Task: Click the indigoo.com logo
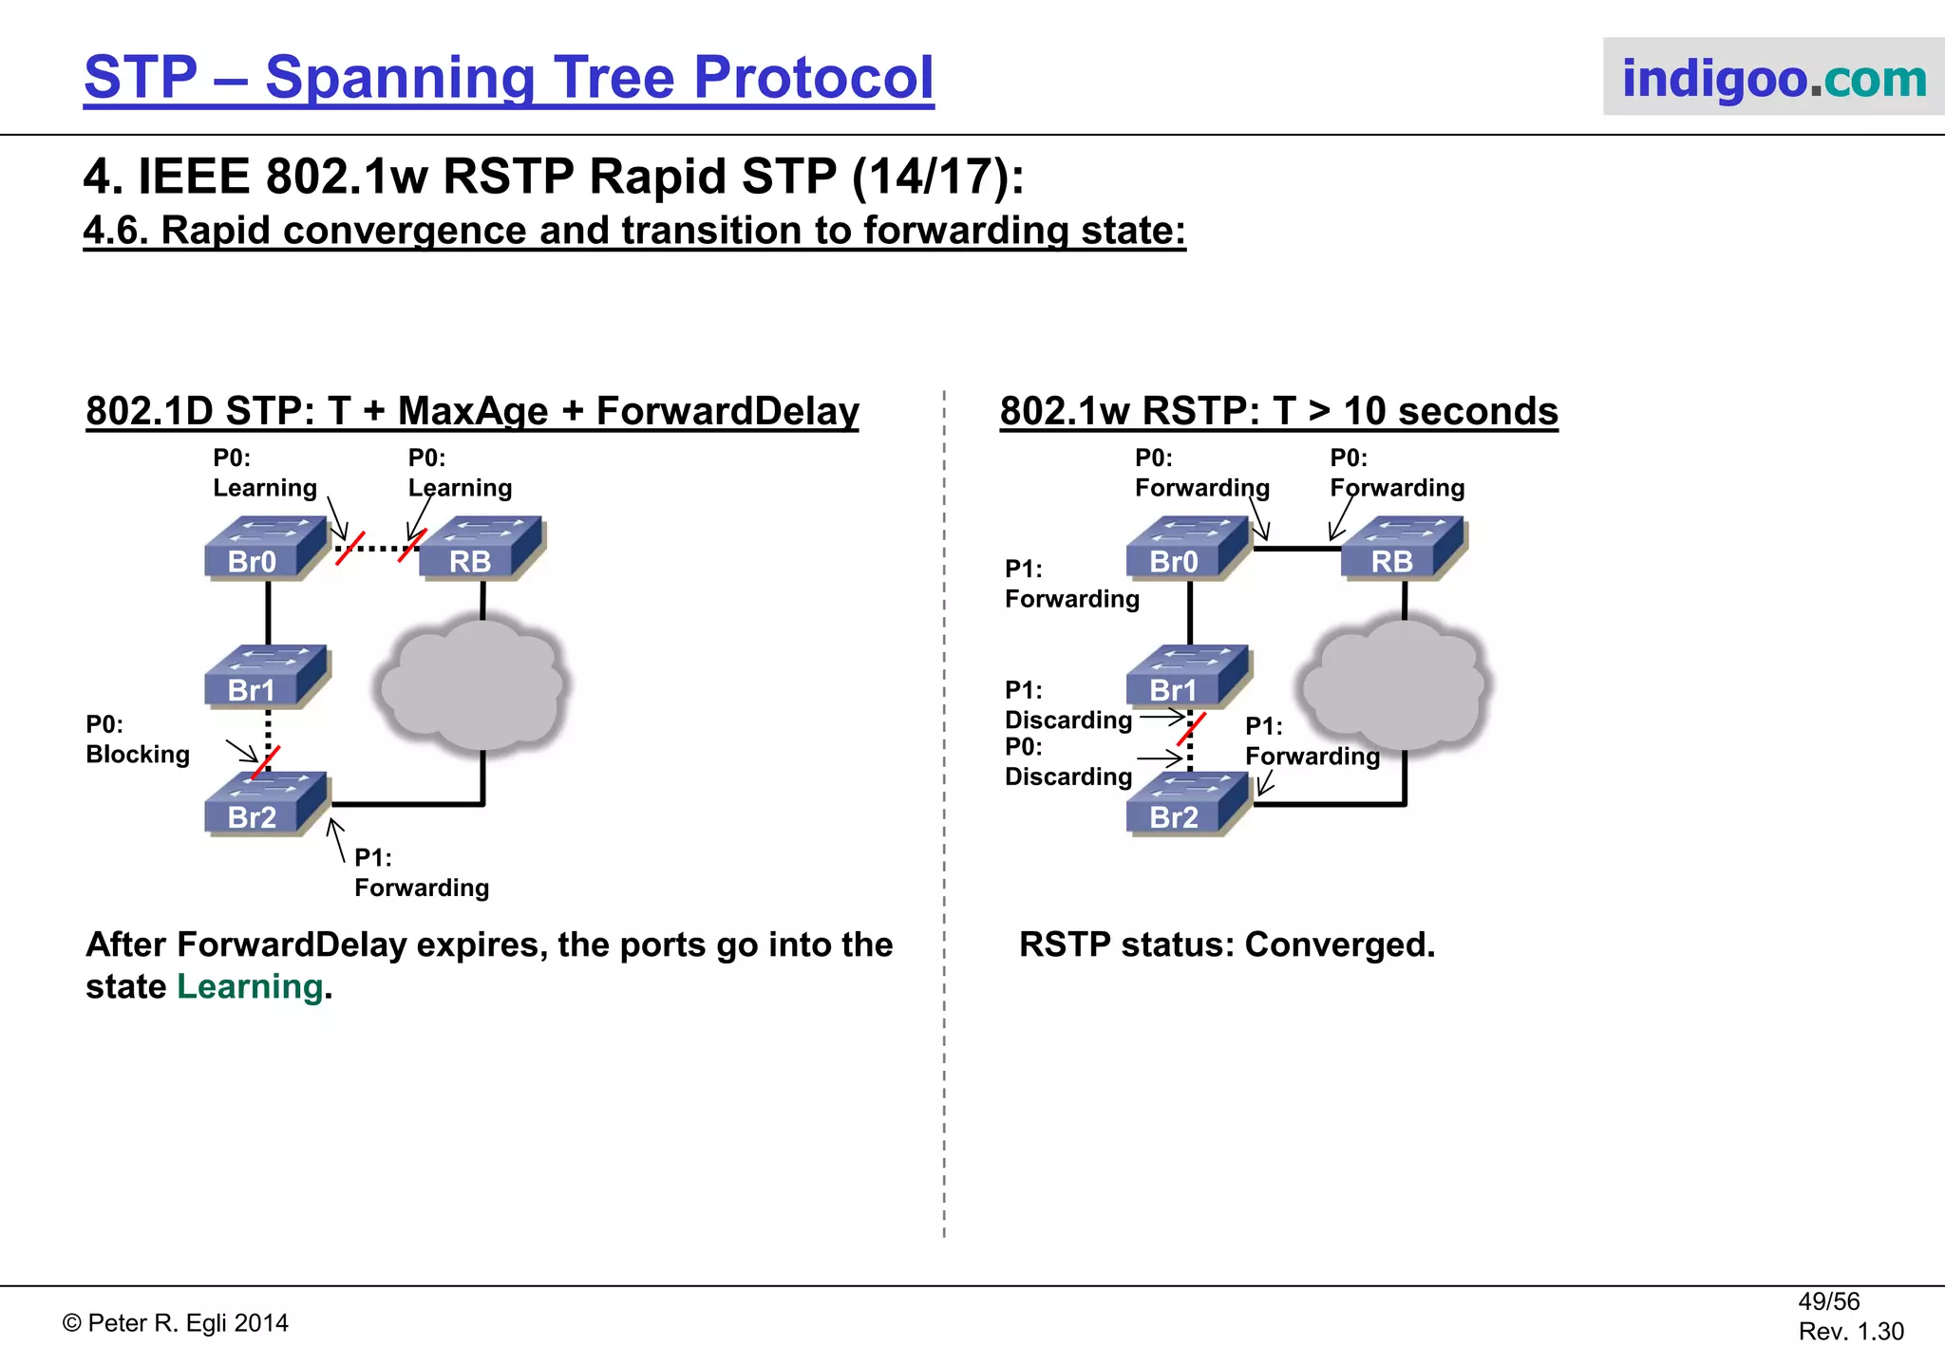[1772, 78]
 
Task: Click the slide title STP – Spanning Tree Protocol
[508, 78]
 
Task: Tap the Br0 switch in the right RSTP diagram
[1188, 549]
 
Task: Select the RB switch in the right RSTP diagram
[1404, 549]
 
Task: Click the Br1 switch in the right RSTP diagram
[1188, 678]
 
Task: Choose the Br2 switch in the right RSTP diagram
[1188, 805]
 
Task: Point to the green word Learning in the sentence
[250, 987]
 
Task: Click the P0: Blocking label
[137, 739]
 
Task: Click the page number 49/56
[1828, 1301]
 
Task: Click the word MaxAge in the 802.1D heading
[473, 411]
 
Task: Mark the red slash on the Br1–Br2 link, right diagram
[1191, 729]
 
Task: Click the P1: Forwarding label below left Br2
[421, 872]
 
